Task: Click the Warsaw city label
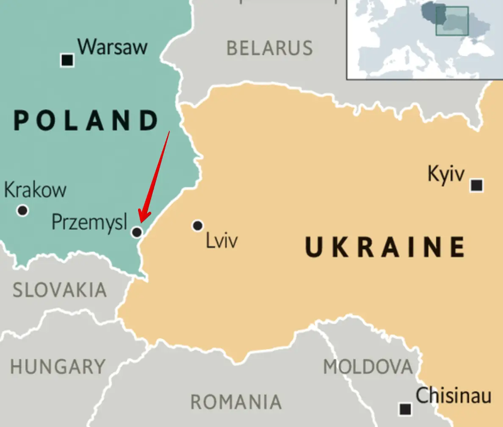click(x=113, y=47)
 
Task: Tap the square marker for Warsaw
click(x=67, y=60)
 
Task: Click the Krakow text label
click(x=36, y=190)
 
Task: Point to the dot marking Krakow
click(x=22, y=210)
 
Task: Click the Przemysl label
click(x=89, y=222)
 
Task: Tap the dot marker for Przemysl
click(x=136, y=232)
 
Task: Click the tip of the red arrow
click(x=140, y=222)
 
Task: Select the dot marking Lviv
click(x=198, y=226)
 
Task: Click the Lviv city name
click(x=221, y=241)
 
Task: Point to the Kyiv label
click(x=446, y=174)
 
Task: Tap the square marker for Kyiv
click(x=477, y=185)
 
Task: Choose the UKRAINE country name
click(x=384, y=247)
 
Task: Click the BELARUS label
click(x=270, y=48)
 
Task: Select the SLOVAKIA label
click(x=60, y=291)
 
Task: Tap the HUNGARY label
click(x=58, y=366)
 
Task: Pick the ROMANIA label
click(x=236, y=402)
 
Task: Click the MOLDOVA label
click(x=368, y=366)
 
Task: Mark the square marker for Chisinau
click(x=405, y=409)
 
